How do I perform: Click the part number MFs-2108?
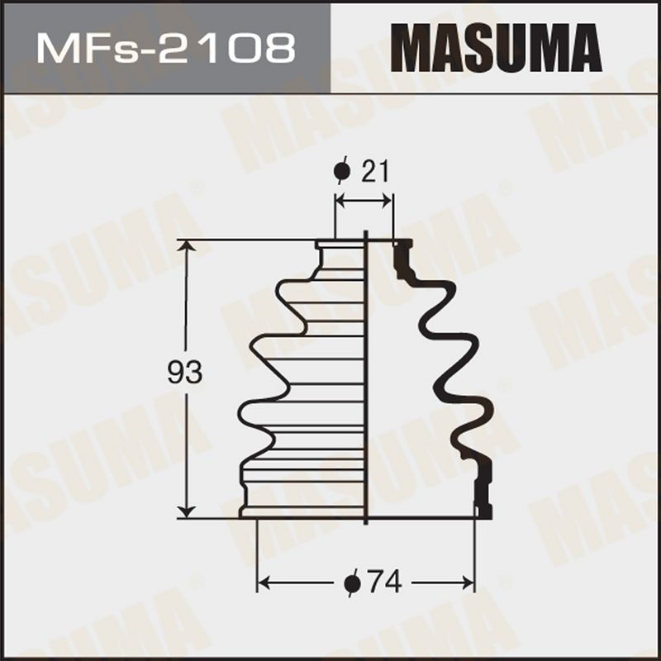tap(166, 49)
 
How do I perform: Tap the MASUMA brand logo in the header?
tap(496, 48)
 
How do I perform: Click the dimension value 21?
tap(375, 171)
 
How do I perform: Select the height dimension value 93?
tap(184, 373)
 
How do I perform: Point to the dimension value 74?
tap(384, 583)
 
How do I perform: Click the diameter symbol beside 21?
tap(342, 171)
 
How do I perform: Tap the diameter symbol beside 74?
tap(353, 583)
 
